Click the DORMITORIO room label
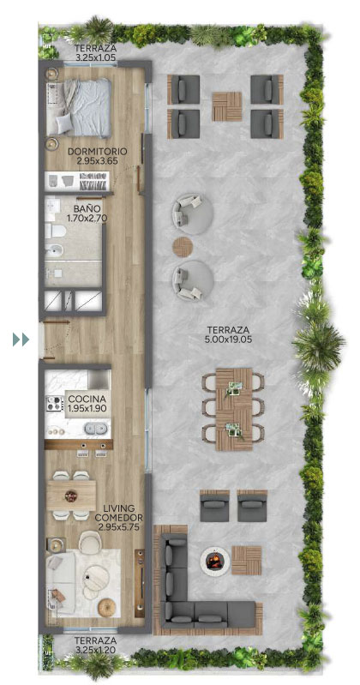tap(98, 152)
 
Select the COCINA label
tap(87, 399)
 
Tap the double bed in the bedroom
tap(79, 107)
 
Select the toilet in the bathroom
tap(54, 231)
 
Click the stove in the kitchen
tap(55, 403)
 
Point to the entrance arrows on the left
tap(21, 339)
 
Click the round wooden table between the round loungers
tap(183, 247)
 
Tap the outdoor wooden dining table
tap(234, 409)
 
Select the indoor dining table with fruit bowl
tap(71, 495)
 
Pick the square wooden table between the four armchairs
tap(227, 106)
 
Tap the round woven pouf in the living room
tap(106, 608)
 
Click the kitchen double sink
tap(96, 429)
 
